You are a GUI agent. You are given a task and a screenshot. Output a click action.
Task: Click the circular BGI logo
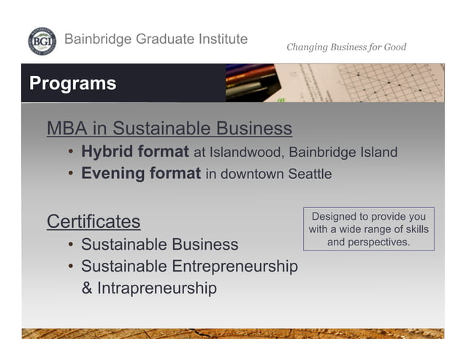coord(41,41)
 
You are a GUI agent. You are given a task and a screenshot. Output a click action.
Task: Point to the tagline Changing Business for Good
coord(346,47)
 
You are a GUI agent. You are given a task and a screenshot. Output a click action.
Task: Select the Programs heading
coord(72,83)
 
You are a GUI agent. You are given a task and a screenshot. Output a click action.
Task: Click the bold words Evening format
coord(140,175)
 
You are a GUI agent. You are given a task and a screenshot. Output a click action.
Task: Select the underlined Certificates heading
coord(93,221)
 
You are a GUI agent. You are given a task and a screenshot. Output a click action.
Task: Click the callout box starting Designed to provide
coord(368,229)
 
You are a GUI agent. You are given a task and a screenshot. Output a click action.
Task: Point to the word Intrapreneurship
coord(158,288)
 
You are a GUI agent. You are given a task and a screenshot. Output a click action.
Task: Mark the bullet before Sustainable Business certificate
coord(71,245)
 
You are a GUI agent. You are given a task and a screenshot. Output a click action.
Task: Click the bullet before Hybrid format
coord(71,153)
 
